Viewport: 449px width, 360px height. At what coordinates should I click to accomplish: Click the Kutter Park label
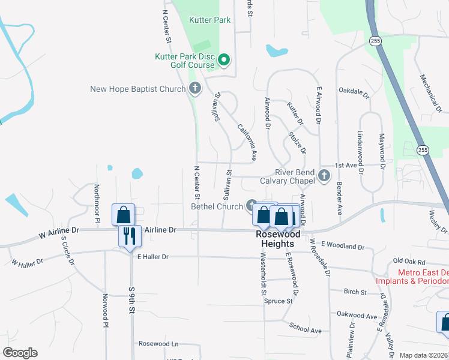209,20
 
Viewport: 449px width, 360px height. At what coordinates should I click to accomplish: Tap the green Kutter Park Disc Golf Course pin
224,59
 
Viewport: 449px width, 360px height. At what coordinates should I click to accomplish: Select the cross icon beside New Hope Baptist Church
194,89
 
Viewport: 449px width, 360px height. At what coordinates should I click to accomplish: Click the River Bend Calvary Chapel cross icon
324,176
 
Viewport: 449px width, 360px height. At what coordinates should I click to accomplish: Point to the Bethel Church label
217,207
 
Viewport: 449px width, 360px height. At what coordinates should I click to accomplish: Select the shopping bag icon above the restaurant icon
123,214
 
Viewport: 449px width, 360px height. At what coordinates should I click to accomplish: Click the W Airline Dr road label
59,230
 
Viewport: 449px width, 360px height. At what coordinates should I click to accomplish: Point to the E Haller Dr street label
153,256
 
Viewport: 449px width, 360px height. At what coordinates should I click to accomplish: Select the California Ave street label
247,142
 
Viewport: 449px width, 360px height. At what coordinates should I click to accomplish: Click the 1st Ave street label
346,165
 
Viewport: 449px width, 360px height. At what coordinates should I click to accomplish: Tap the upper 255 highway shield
375,40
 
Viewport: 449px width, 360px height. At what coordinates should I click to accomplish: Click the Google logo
20,353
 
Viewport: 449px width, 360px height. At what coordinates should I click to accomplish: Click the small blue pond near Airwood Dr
277,50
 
